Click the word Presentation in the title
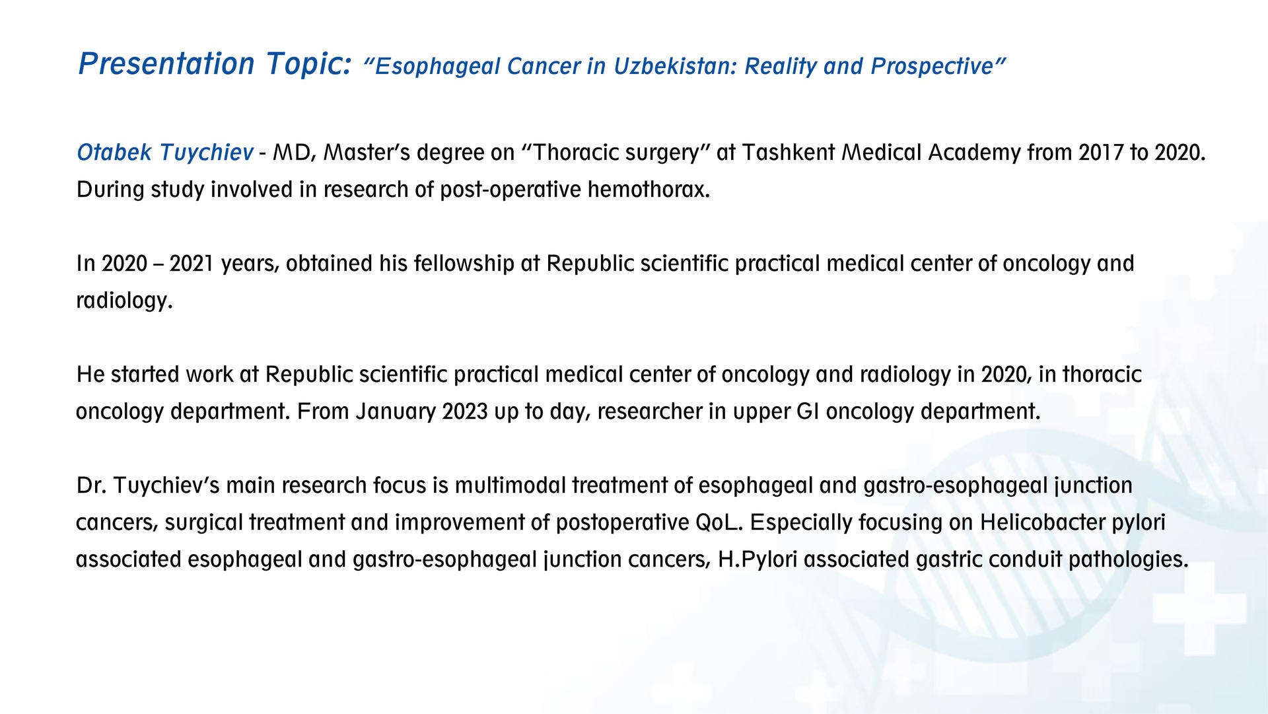[166, 64]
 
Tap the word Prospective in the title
[932, 67]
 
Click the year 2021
[192, 264]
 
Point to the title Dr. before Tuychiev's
[92, 485]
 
